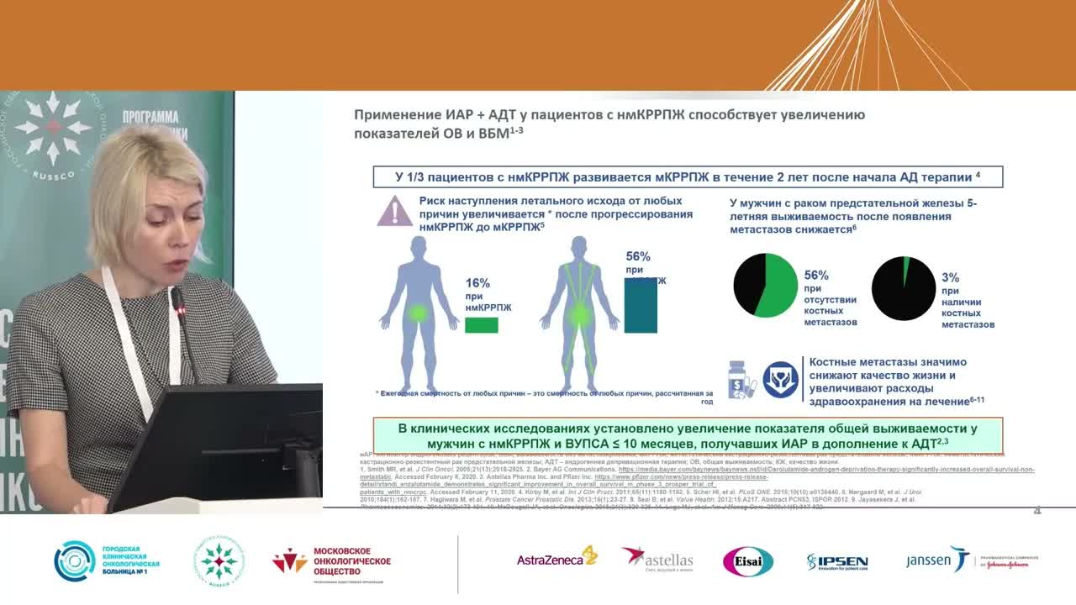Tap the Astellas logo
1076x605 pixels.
pos(657,559)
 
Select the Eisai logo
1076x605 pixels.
pos(747,561)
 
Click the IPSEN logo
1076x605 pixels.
pos(836,561)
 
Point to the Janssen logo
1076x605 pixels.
pos(938,560)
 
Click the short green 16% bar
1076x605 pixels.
pos(481,324)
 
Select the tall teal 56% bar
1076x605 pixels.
pos(641,304)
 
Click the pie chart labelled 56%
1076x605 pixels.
pos(765,286)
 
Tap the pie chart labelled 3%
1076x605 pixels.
pos(904,288)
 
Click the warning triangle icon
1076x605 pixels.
pos(394,211)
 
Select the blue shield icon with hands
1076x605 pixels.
pos(779,379)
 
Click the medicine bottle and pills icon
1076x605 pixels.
pos(742,379)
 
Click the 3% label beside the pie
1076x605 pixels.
pos(950,277)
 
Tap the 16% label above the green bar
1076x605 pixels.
pos(477,283)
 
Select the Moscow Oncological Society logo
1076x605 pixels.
pos(332,561)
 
